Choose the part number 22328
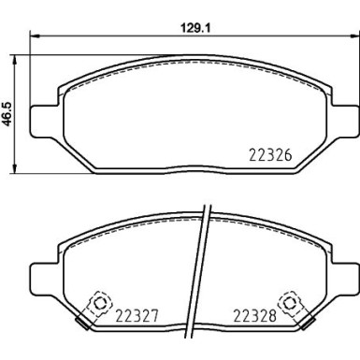[254, 315]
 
